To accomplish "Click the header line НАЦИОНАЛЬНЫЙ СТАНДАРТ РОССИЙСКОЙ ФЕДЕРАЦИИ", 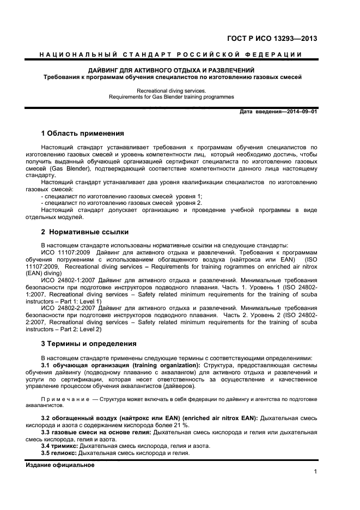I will coord(172,55).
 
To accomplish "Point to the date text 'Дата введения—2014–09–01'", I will coord(278,112).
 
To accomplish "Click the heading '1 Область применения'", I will coord(83,133).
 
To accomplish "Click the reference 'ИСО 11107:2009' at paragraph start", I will coord(65,252).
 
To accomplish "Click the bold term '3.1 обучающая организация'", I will coord(85,365).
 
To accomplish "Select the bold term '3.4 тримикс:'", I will coord(59,446).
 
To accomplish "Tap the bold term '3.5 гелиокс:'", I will coord(59,453).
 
